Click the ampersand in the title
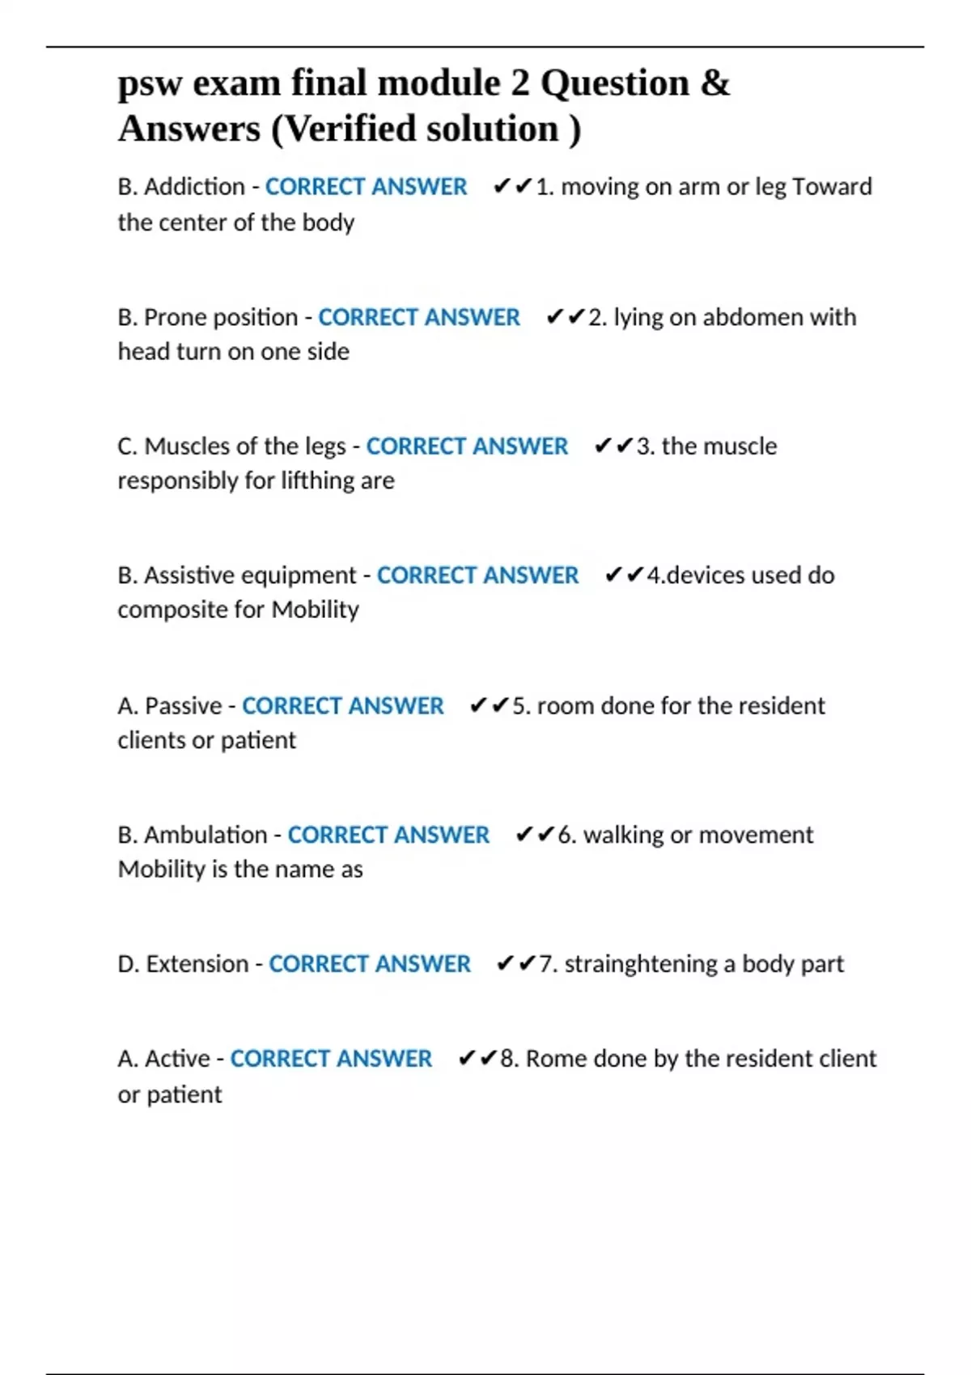click(x=715, y=83)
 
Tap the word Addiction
click(x=194, y=187)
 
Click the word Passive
click(x=183, y=705)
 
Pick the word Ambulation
click(x=205, y=835)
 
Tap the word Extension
click(x=197, y=964)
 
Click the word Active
click(x=177, y=1059)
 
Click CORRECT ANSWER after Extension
click(x=370, y=964)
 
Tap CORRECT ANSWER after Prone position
click(x=419, y=317)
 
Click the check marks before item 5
click(x=489, y=705)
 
